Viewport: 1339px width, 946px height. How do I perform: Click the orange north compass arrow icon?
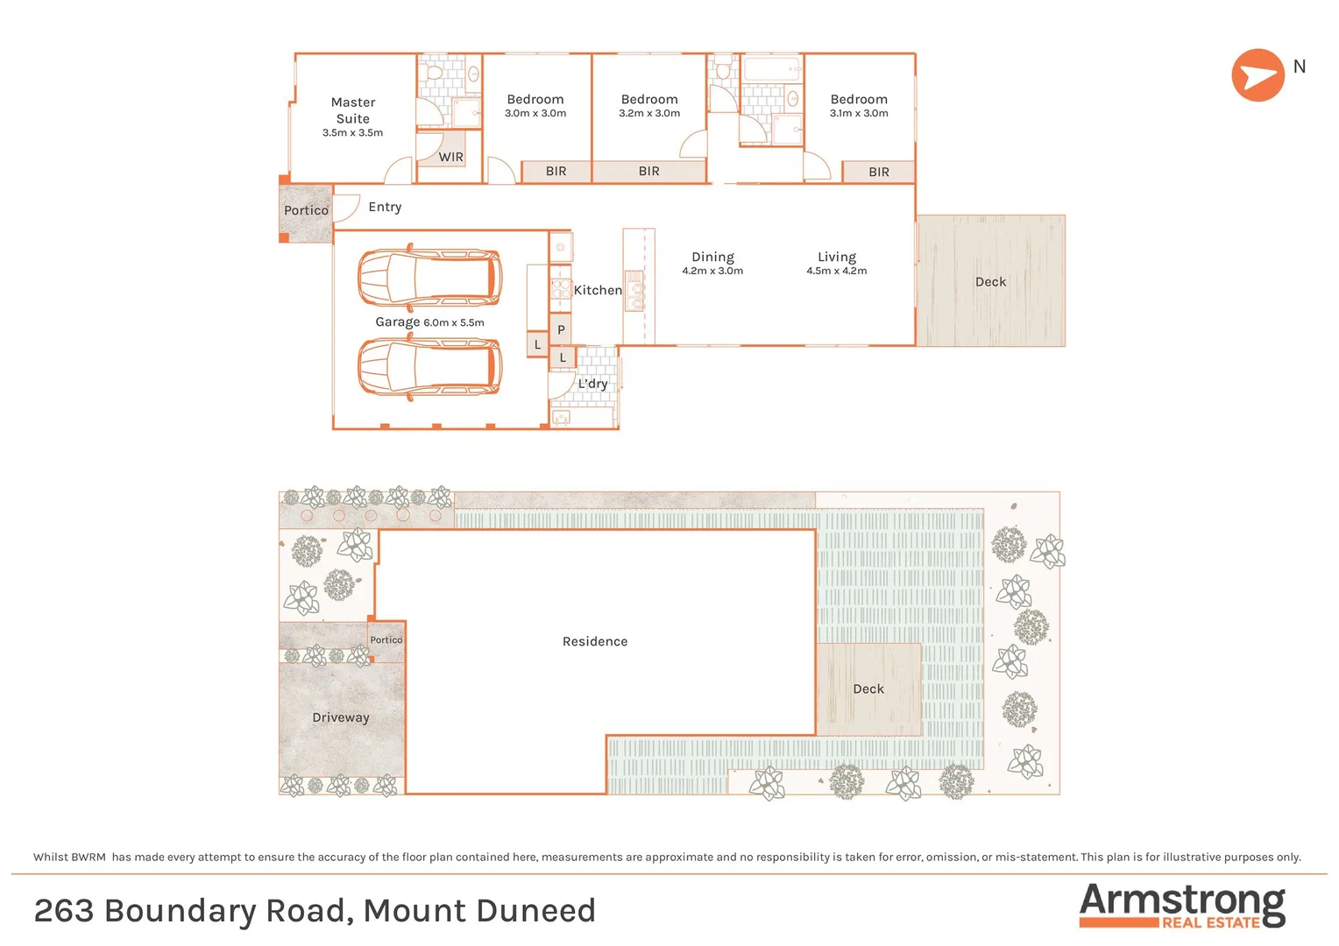[1258, 75]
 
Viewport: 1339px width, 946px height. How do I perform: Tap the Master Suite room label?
[353, 110]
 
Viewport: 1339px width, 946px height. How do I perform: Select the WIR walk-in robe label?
[450, 158]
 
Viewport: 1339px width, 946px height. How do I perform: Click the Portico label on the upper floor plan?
[306, 211]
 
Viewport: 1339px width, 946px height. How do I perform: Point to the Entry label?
[385, 208]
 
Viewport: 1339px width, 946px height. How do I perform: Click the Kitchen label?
[598, 291]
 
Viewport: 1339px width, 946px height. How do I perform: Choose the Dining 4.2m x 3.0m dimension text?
[712, 272]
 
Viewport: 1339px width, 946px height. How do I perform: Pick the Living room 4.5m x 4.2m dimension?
[836, 272]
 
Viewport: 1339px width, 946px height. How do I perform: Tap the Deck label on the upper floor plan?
[990, 282]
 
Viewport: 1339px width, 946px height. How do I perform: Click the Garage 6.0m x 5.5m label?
[429, 322]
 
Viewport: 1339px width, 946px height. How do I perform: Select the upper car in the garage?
[429, 279]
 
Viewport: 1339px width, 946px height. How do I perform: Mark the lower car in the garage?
[429, 367]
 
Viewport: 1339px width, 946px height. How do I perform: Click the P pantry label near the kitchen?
[561, 330]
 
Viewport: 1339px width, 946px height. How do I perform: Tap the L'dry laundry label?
[592, 384]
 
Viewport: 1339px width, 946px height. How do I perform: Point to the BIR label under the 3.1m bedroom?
[878, 173]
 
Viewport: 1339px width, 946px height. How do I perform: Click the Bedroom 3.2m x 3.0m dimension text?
[649, 114]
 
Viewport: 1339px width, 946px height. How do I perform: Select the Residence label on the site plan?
[595, 642]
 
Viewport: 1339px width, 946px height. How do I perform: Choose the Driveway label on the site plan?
[341, 718]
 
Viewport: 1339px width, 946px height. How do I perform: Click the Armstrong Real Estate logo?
[1182, 906]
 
